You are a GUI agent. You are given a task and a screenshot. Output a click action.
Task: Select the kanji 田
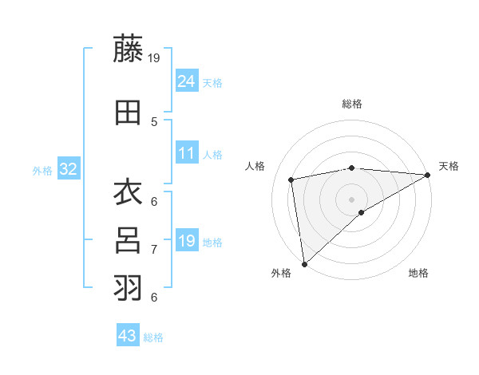coord(128,112)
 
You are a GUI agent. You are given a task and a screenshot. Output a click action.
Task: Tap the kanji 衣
coord(128,194)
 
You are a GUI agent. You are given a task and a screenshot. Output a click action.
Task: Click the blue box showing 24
coord(186,81)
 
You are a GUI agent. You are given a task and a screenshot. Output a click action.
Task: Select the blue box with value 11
coord(186,153)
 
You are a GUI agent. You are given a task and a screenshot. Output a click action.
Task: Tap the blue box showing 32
coord(68,169)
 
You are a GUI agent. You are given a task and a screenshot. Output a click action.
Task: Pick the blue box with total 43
coord(127,336)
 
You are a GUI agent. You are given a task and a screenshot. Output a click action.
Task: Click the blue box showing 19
coord(186,241)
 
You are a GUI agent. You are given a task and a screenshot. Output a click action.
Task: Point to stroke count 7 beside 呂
coord(153,250)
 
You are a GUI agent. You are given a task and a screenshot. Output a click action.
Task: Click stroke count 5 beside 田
coord(153,122)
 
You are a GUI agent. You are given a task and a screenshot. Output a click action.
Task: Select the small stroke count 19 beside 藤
coord(155,58)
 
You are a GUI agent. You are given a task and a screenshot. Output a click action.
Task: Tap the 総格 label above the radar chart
coord(351,104)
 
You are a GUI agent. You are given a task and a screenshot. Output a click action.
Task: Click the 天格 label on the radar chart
coord(449,166)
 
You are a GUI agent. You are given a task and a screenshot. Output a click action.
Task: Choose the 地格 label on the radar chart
coord(418,274)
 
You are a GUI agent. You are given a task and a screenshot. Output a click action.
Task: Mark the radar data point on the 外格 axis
coord(303,263)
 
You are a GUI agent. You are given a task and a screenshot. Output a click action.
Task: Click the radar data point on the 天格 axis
coord(428,175)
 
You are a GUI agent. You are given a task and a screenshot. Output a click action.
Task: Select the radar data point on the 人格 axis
coord(292,180)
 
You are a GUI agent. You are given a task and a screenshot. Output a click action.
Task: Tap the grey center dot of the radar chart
coord(351,199)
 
